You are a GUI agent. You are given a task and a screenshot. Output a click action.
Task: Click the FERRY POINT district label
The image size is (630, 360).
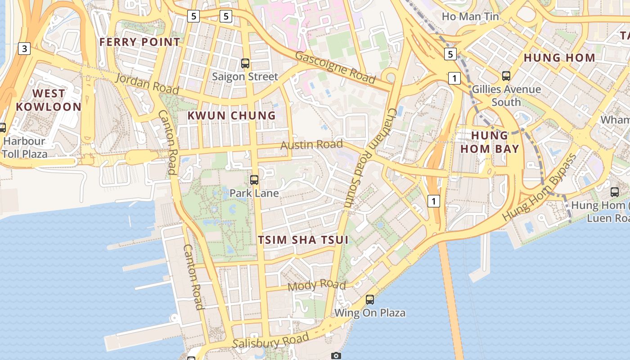point(139,42)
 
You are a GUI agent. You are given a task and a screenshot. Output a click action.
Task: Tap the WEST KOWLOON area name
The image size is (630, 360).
point(49,100)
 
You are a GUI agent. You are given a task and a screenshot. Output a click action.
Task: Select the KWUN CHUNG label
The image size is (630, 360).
point(231,116)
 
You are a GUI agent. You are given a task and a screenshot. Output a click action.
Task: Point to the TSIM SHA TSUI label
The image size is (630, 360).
point(303,240)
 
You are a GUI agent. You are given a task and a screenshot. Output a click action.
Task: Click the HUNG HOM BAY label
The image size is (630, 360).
point(495,142)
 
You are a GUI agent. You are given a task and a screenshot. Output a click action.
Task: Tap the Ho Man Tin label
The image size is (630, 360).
point(470,17)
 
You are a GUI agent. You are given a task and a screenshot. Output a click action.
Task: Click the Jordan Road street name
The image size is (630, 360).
point(147,84)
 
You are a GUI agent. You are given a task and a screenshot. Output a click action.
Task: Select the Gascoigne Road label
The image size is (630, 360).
point(335,68)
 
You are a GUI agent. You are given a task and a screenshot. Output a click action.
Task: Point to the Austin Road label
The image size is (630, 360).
point(311,145)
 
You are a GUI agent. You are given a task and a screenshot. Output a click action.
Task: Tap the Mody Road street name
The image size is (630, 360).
point(316,285)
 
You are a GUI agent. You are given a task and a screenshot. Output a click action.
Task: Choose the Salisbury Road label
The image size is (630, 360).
point(271,341)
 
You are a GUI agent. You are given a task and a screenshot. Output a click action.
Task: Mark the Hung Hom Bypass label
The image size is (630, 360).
point(539,187)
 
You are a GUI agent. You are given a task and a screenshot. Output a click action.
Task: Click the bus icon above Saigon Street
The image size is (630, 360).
point(245,63)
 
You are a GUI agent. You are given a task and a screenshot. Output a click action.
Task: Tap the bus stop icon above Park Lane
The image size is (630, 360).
point(254,180)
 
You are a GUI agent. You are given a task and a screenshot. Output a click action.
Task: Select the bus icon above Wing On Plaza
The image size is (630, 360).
point(370,299)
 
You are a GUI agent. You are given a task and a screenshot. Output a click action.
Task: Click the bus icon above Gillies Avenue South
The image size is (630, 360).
point(506,76)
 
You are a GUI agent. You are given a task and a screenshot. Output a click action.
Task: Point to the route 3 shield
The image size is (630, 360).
point(24,49)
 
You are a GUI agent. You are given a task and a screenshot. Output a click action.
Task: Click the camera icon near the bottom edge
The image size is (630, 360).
point(336,356)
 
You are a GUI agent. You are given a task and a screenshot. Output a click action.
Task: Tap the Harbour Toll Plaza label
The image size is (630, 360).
point(25,148)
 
